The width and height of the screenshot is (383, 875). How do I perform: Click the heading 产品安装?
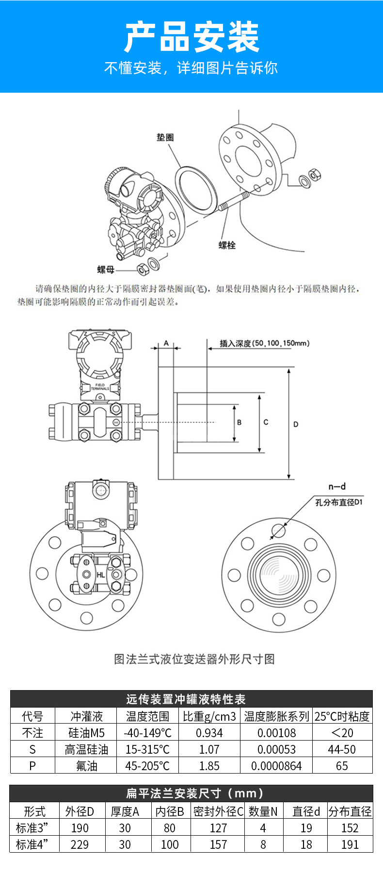tap(191, 37)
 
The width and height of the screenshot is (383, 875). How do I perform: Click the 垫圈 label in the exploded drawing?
tap(165, 137)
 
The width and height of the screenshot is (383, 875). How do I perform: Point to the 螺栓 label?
tap(227, 245)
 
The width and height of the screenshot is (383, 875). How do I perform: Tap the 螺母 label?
tap(106, 269)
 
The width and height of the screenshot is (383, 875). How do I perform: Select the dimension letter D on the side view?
tap(296, 424)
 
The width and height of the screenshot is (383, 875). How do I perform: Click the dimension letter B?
tap(239, 422)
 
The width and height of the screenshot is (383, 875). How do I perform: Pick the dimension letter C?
tap(266, 422)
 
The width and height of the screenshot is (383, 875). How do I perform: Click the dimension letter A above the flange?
tap(166, 343)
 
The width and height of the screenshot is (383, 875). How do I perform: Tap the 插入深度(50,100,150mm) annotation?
tap(264, 344)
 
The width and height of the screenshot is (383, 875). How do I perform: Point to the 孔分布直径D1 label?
tap(339, 502)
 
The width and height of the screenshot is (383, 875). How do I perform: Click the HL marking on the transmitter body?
tap(100, 575)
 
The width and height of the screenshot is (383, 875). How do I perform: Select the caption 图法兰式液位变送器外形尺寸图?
tap(194, 659)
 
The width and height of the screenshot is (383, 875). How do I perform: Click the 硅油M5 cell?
tap(86, 733)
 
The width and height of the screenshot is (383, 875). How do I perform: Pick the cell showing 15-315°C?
tap(147, 749)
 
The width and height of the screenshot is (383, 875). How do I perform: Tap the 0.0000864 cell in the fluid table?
tap(276, 766)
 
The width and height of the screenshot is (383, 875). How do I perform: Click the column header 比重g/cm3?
tap(209, 716)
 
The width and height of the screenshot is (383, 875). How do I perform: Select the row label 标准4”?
tap(34, 844)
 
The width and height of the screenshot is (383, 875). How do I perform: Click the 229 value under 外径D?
tap(80, 844)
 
